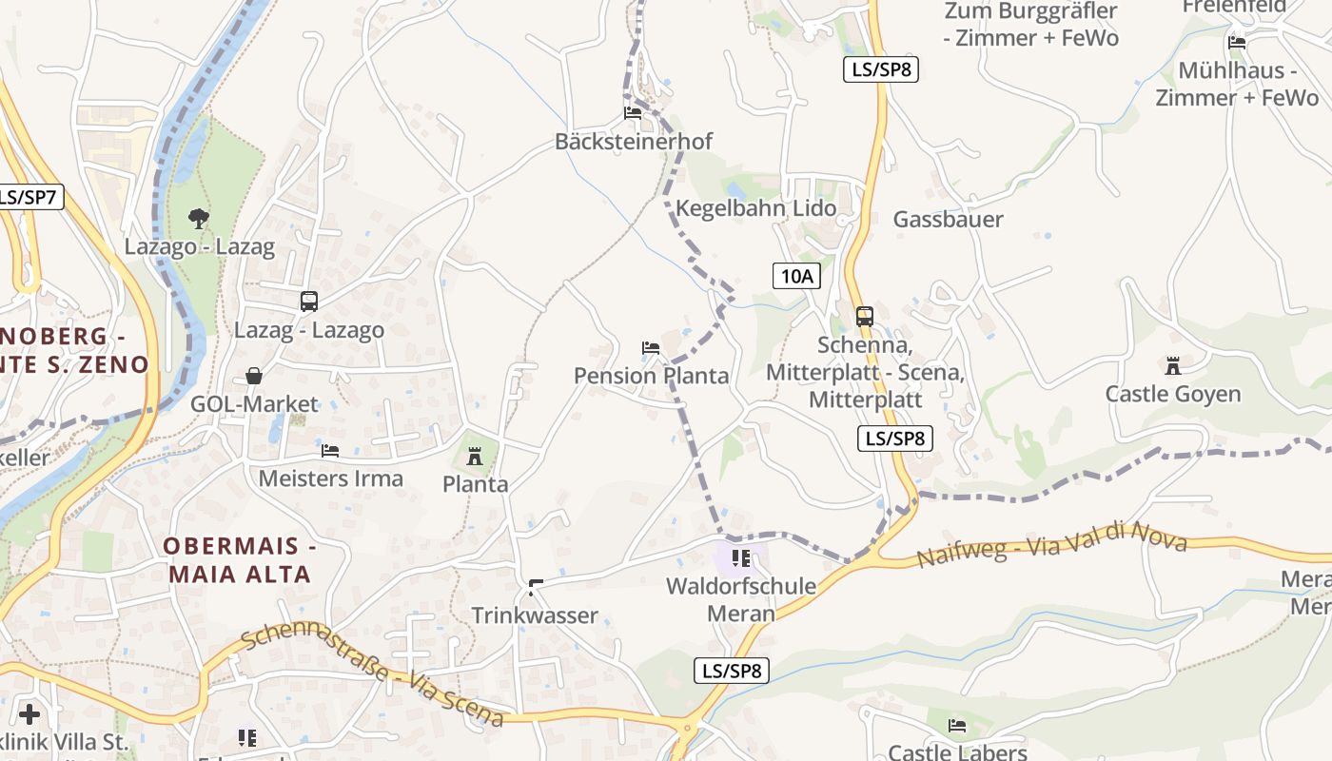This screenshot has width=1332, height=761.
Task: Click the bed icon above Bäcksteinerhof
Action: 632,113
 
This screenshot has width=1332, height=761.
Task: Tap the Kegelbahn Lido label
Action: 756,208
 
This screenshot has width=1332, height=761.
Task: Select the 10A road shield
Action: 796,277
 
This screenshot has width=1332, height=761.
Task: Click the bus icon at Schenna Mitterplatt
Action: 864,317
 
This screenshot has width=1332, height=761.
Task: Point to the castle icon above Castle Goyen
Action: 1172,365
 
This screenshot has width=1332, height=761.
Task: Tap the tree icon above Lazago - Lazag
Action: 198,219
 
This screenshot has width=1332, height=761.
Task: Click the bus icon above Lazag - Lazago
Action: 309,302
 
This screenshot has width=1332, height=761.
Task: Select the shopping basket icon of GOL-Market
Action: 254,376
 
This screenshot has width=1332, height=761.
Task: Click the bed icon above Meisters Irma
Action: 330,450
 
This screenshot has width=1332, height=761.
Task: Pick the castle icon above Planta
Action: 475,456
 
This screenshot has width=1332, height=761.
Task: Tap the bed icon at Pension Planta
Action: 651,348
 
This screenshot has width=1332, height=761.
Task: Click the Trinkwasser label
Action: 535,615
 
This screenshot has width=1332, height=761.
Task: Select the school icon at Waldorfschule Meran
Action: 741,557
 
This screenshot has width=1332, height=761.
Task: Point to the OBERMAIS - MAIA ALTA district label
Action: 239,560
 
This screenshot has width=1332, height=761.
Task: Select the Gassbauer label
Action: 948,220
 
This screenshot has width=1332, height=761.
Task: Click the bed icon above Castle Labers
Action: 957,726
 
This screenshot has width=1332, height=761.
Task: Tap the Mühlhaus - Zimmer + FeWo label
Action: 1237,84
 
